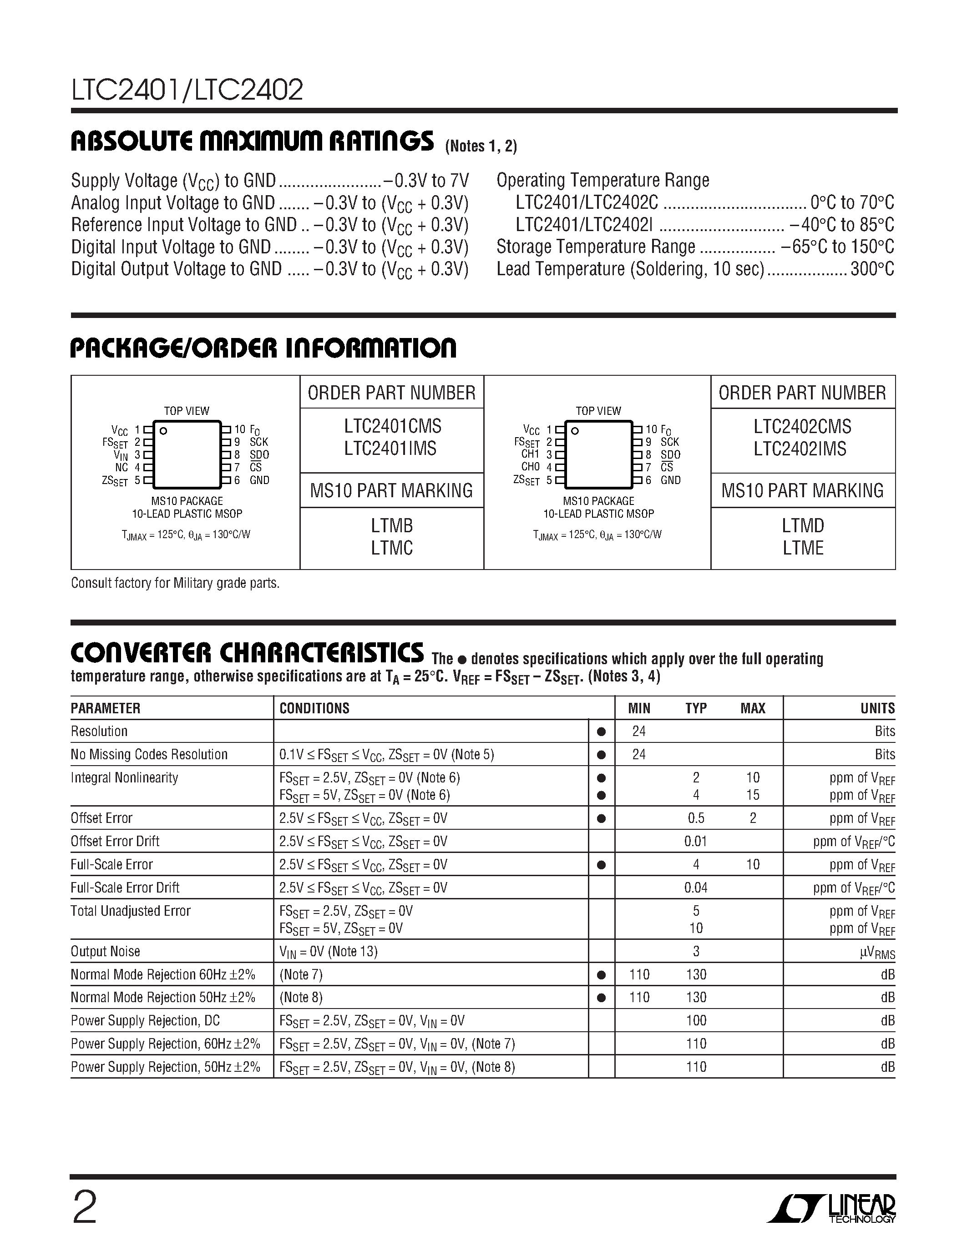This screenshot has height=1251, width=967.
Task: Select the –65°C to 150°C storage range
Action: click(x=837, y=247)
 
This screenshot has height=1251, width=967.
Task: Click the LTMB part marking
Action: click(x=392, y=525)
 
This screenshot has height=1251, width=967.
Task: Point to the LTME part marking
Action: click(x=803, y=548)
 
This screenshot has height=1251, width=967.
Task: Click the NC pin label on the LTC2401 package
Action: click(x=121, y=467)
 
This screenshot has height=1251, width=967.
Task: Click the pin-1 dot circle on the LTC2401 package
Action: click(x=163, y=431)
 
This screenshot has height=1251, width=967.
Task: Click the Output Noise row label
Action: click(x=106, y=951)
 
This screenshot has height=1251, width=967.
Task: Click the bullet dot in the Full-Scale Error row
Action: click(x=601, y=865)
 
